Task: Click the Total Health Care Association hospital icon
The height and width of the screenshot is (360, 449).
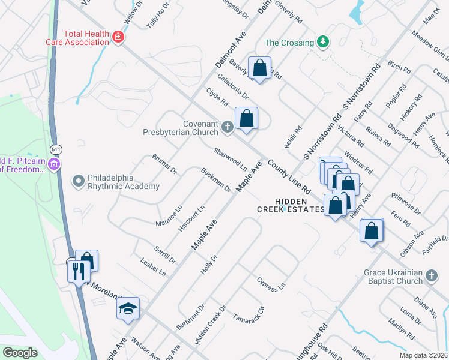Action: pyautogui.click(x=118, y=37)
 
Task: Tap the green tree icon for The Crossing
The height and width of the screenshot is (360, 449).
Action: pyautogui.click(x=323, y=41)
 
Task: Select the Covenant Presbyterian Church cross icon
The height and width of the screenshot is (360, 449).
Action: pyautogui.click(x=227, y=127)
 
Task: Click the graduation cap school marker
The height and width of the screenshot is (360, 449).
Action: pyautogui.click(x=128, y=309)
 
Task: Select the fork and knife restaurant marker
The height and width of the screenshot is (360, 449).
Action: pyautogui.click(x=78, y=272)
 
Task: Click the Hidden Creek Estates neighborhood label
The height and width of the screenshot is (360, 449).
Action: pyautogui.click(x=291, y=206)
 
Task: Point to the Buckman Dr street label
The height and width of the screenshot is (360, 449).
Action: pyautogui.click(x=215, y=179)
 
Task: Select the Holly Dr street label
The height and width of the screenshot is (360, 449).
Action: pyautogui.click(x=208, y=265)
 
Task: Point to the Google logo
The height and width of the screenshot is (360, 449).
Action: pyautogui.click(x=20, y=353)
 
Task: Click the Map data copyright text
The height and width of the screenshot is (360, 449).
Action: pyautogui.click(x=424, y=355)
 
